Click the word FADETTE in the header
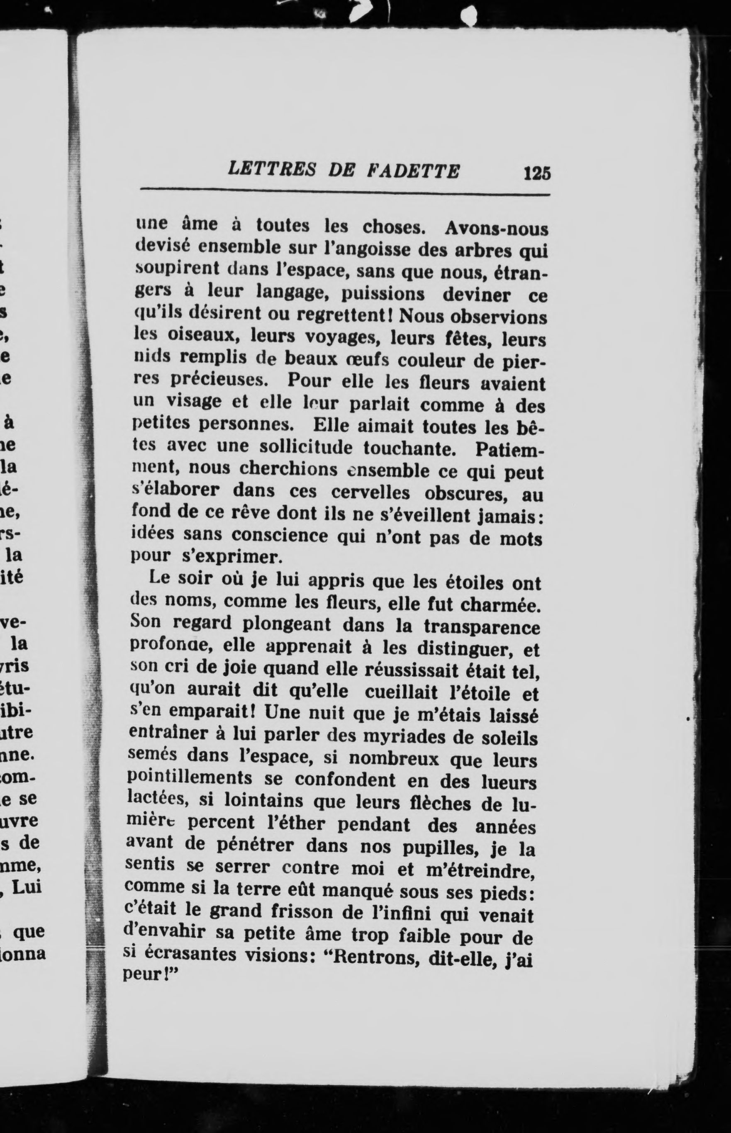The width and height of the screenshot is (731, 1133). pos(414,171)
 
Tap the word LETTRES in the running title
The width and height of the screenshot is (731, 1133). pos(271,169)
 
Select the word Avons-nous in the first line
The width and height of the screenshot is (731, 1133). pos(496,229)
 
